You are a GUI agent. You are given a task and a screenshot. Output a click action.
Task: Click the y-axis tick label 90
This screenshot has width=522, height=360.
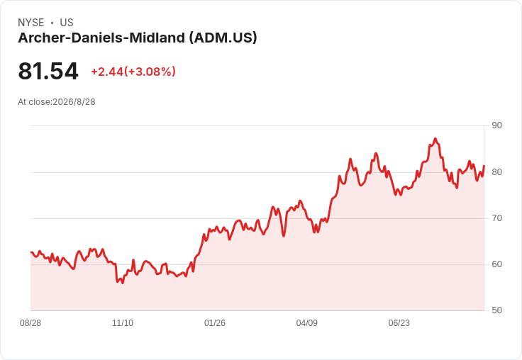(x=496, y=125)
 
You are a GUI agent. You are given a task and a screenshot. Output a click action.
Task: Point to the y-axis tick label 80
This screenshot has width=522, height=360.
(x=496, y=172)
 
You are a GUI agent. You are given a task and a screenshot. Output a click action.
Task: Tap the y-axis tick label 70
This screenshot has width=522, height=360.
(x=496, y=218)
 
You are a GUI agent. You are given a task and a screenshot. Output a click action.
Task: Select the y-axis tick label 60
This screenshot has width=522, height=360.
(x=496, y=264)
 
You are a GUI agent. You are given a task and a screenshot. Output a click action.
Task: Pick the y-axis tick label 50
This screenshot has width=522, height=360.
(x=496, y=310)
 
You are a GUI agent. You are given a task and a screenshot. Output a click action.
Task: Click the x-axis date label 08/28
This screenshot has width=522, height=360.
(x=30, y=323)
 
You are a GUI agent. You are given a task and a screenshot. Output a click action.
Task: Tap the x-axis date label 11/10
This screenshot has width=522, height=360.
(x=123, y=323)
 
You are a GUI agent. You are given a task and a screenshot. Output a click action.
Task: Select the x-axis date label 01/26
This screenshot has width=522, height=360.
(x=215, y=323)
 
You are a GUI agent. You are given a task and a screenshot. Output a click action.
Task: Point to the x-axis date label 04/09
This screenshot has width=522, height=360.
(x=306, y=323)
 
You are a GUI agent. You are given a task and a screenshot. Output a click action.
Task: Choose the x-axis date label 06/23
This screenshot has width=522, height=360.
(x=399, y=323)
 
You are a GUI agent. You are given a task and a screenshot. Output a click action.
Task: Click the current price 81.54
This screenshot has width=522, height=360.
(x=48, y=71)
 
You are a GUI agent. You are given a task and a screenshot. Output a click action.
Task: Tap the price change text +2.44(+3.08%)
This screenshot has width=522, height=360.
(x=133, y=72)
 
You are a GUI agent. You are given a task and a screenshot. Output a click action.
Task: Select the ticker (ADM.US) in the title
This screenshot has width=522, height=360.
(x=223, y=38)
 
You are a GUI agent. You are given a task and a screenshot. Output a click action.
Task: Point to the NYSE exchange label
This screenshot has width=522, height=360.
(x=31, y=23)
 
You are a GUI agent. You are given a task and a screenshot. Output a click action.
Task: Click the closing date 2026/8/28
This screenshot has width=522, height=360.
(x=74, y=102)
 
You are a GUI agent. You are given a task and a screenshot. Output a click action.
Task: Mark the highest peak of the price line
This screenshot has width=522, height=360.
(x=435, y=139)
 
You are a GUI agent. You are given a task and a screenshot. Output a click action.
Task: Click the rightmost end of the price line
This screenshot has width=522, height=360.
(x=484, y=165)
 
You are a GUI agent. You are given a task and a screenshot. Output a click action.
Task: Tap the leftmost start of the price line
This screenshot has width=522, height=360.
(x=31, y=252)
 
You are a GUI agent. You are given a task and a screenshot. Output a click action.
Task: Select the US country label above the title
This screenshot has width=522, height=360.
(x=67, y=23)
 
